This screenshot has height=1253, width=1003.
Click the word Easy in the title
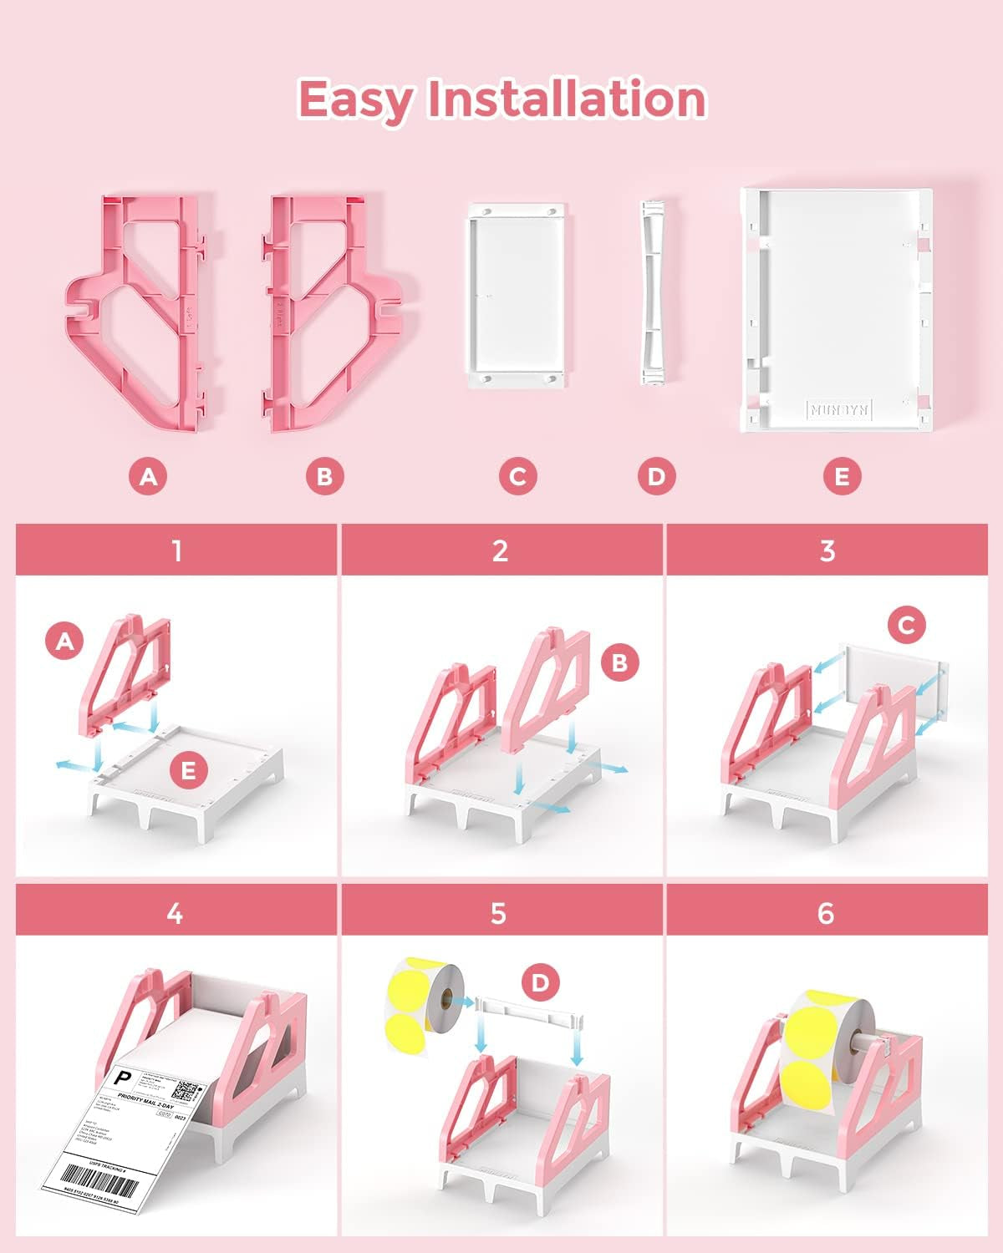[x=354, y=99]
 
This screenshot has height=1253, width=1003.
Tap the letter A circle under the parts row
[x=148, y=476]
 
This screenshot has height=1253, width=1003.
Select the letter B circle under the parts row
[x=324, y=476]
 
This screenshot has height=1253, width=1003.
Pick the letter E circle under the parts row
[x=842, y=476]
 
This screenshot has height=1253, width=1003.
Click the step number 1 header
[x=176, y=550]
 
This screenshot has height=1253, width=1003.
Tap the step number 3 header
[x=827, y=550]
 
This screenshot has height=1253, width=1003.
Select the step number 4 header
[x=175, y=913]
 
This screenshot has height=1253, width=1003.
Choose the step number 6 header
[x=826, y=913]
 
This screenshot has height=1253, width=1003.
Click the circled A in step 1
[x=66, y=641]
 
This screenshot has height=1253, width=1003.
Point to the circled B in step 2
[x=619, y=662]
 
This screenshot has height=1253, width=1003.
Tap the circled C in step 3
[x=908, y=624]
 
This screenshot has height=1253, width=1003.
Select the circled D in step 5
[x=540, y=982]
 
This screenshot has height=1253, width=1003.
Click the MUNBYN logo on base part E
[x=838, y=409]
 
